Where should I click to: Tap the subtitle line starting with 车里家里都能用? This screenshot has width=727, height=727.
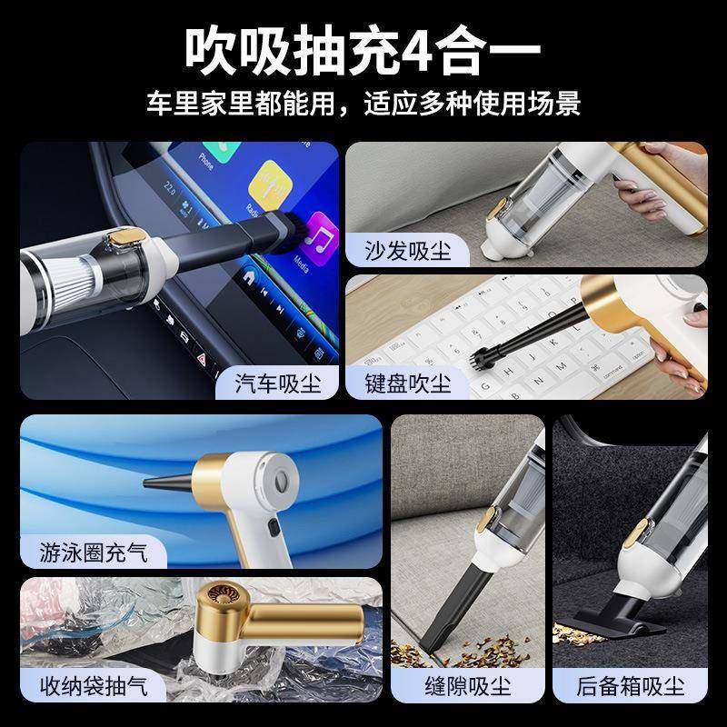coord(363,103)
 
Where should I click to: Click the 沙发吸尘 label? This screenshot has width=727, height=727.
coord(408,250)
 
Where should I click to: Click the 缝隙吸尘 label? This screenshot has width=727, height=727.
coord(468,684)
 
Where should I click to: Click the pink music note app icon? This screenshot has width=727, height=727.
coord(320,238)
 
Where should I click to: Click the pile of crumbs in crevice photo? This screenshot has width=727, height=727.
coord(495,647)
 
